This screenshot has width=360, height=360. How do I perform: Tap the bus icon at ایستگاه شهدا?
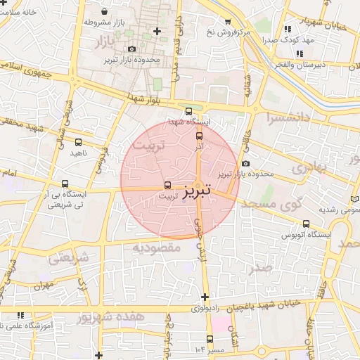pyautogui.click(x=188, y=111)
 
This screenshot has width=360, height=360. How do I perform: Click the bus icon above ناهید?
pyautogui.click(x=77, y=142)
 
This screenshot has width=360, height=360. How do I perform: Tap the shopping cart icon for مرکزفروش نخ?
pyautogui.click(x=226, y=22)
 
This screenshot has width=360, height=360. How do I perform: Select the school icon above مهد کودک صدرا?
pyautogui.click(x=288, y=30)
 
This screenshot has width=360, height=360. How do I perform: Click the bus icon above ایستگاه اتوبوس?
pyautogui.click(x=304, y=224)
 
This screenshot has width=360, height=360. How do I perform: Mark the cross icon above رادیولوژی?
pyautogui.click(x=205, y=297)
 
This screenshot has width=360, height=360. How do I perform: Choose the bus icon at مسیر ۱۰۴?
pyautogui.click(x=191, y=338)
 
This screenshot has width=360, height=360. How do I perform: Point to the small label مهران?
pyautogui.click(x=42, y=287)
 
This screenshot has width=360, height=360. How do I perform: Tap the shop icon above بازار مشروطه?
pyautogui.click(x=105, y=12)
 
